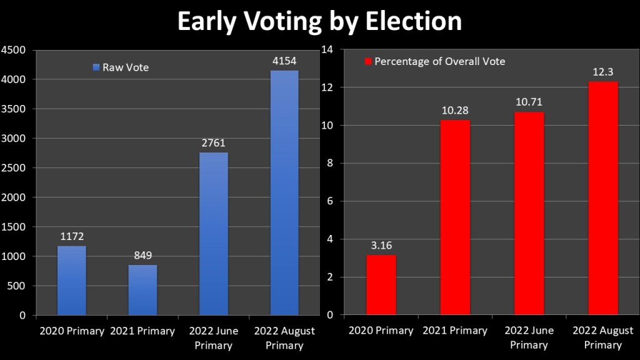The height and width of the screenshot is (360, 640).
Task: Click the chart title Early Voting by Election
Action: (319, 21)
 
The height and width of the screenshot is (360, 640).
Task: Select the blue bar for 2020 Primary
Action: (71, 281)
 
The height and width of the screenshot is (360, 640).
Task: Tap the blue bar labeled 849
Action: (142, 290)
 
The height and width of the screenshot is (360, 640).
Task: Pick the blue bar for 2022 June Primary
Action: (214, 234)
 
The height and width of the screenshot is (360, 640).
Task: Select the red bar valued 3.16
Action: (381, 285)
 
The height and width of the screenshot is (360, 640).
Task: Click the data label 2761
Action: (214, 143)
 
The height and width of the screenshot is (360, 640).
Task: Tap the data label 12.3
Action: (602, 72)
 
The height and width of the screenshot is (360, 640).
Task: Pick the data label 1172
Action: (71, 237)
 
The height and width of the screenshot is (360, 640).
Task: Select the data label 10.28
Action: (455, 111)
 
